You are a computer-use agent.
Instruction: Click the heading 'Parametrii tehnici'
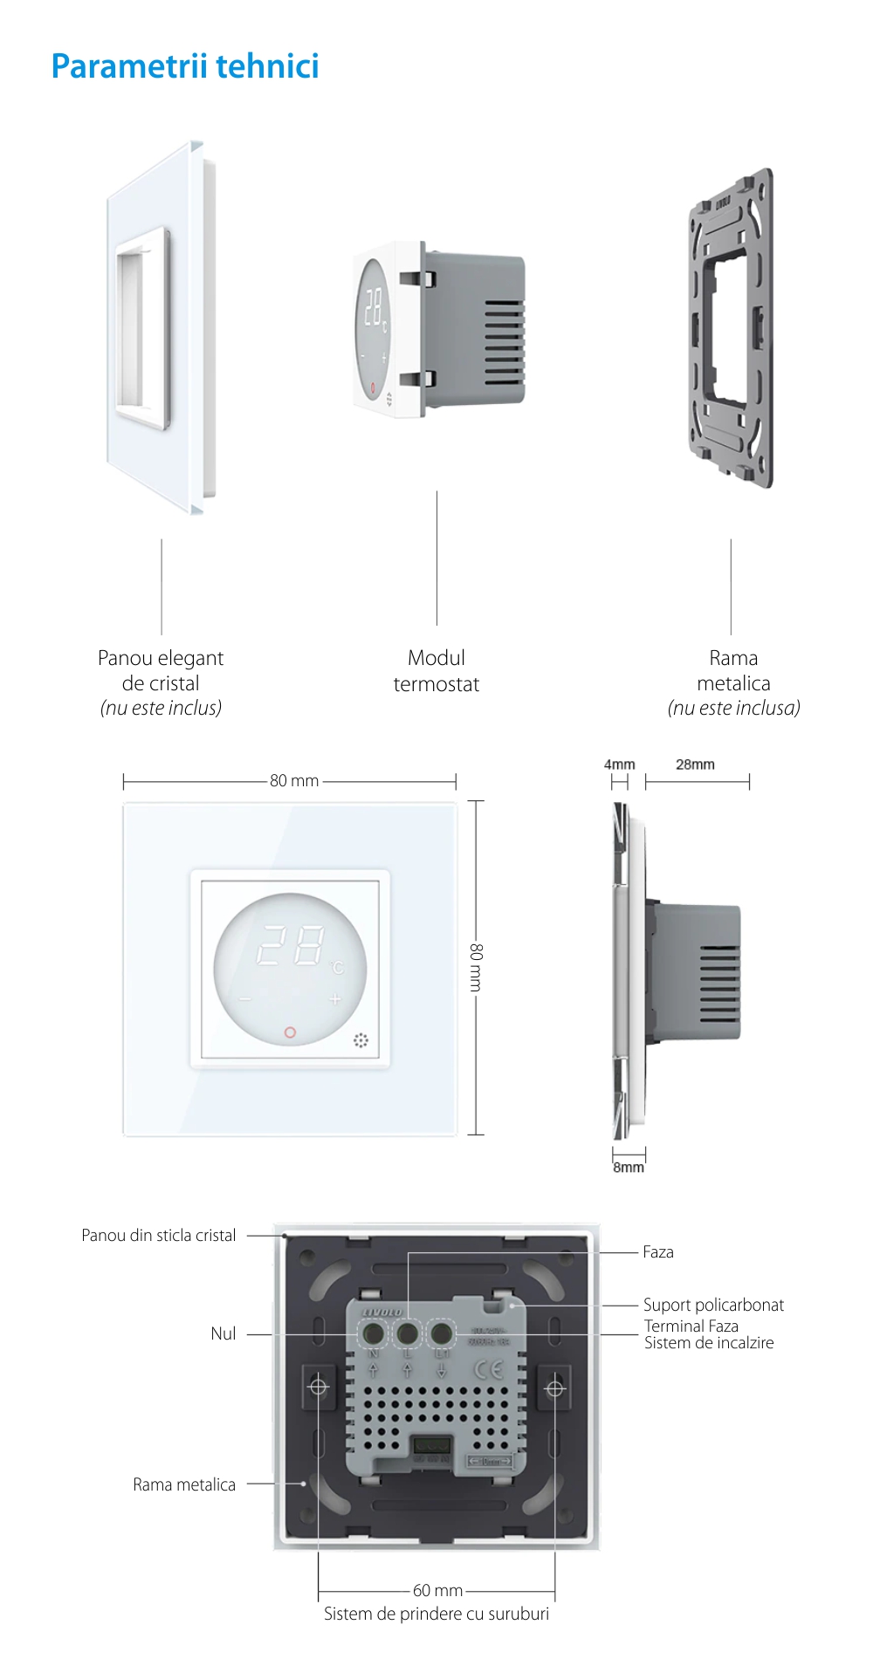185,66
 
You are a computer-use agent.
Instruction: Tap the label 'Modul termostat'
436,670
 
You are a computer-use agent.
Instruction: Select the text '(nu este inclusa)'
733,708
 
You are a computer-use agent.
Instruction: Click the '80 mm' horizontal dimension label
294,780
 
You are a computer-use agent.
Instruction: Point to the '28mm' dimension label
695,764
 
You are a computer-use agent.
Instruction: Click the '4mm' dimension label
619,764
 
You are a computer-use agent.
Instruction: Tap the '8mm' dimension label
629,1167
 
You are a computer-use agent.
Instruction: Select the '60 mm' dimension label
437,1590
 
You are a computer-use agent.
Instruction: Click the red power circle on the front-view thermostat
290,1032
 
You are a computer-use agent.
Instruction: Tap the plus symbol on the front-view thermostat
335,999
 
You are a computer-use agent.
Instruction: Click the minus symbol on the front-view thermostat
244,999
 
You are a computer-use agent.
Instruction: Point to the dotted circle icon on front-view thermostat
361,1040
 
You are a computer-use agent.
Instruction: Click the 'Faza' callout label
658,1252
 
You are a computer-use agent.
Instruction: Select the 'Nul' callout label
223,1333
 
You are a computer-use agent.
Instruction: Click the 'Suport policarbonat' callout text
713,1305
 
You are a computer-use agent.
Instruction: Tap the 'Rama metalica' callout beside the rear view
184,1484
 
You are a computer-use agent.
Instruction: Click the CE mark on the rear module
489,1368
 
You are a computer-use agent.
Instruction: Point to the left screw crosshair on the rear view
318,1387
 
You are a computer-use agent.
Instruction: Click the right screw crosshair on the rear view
554,1387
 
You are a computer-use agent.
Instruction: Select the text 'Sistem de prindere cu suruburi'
436,1614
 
